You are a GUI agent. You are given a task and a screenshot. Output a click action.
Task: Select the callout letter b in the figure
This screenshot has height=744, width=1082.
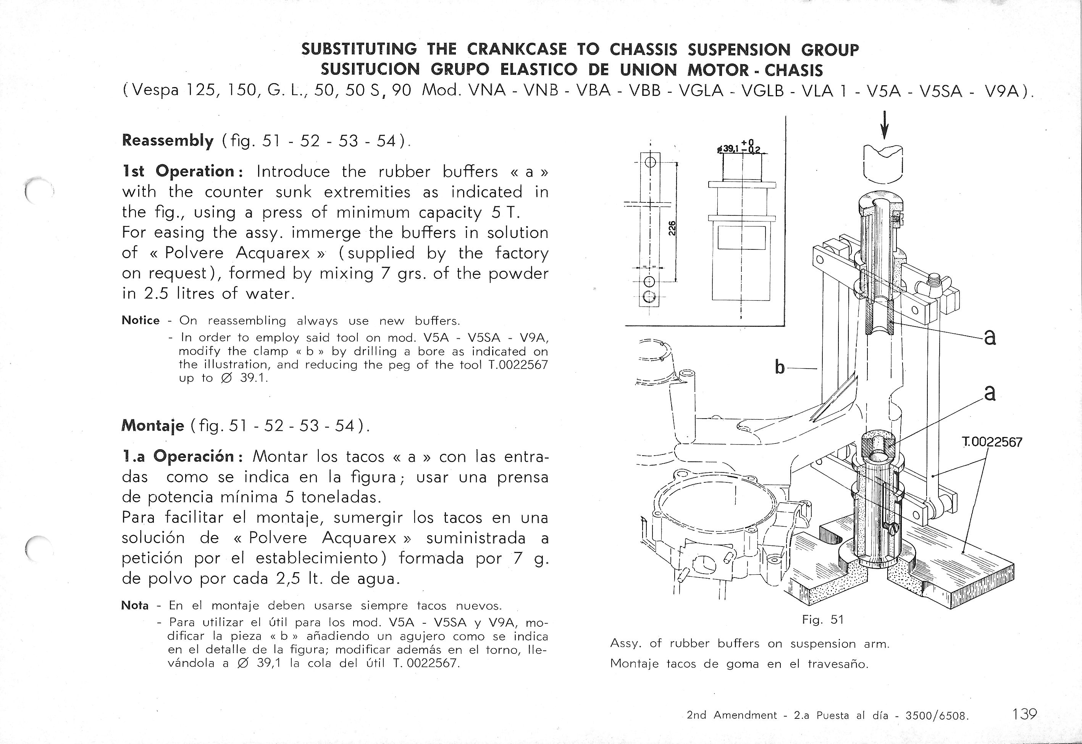[779, 368]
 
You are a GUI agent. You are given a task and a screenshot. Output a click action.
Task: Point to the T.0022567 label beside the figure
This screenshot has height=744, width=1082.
[992, 442]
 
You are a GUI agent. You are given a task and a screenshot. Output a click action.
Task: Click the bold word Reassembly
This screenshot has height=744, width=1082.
[167, 140]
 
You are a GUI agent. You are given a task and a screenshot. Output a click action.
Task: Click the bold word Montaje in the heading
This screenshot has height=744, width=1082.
[153, 425]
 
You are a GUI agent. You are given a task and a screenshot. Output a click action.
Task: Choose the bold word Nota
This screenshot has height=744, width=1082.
[135, 605]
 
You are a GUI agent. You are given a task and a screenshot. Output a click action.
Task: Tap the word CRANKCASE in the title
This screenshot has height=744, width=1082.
[517, 49]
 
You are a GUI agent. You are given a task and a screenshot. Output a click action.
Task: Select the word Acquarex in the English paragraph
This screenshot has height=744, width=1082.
[273, 253]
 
